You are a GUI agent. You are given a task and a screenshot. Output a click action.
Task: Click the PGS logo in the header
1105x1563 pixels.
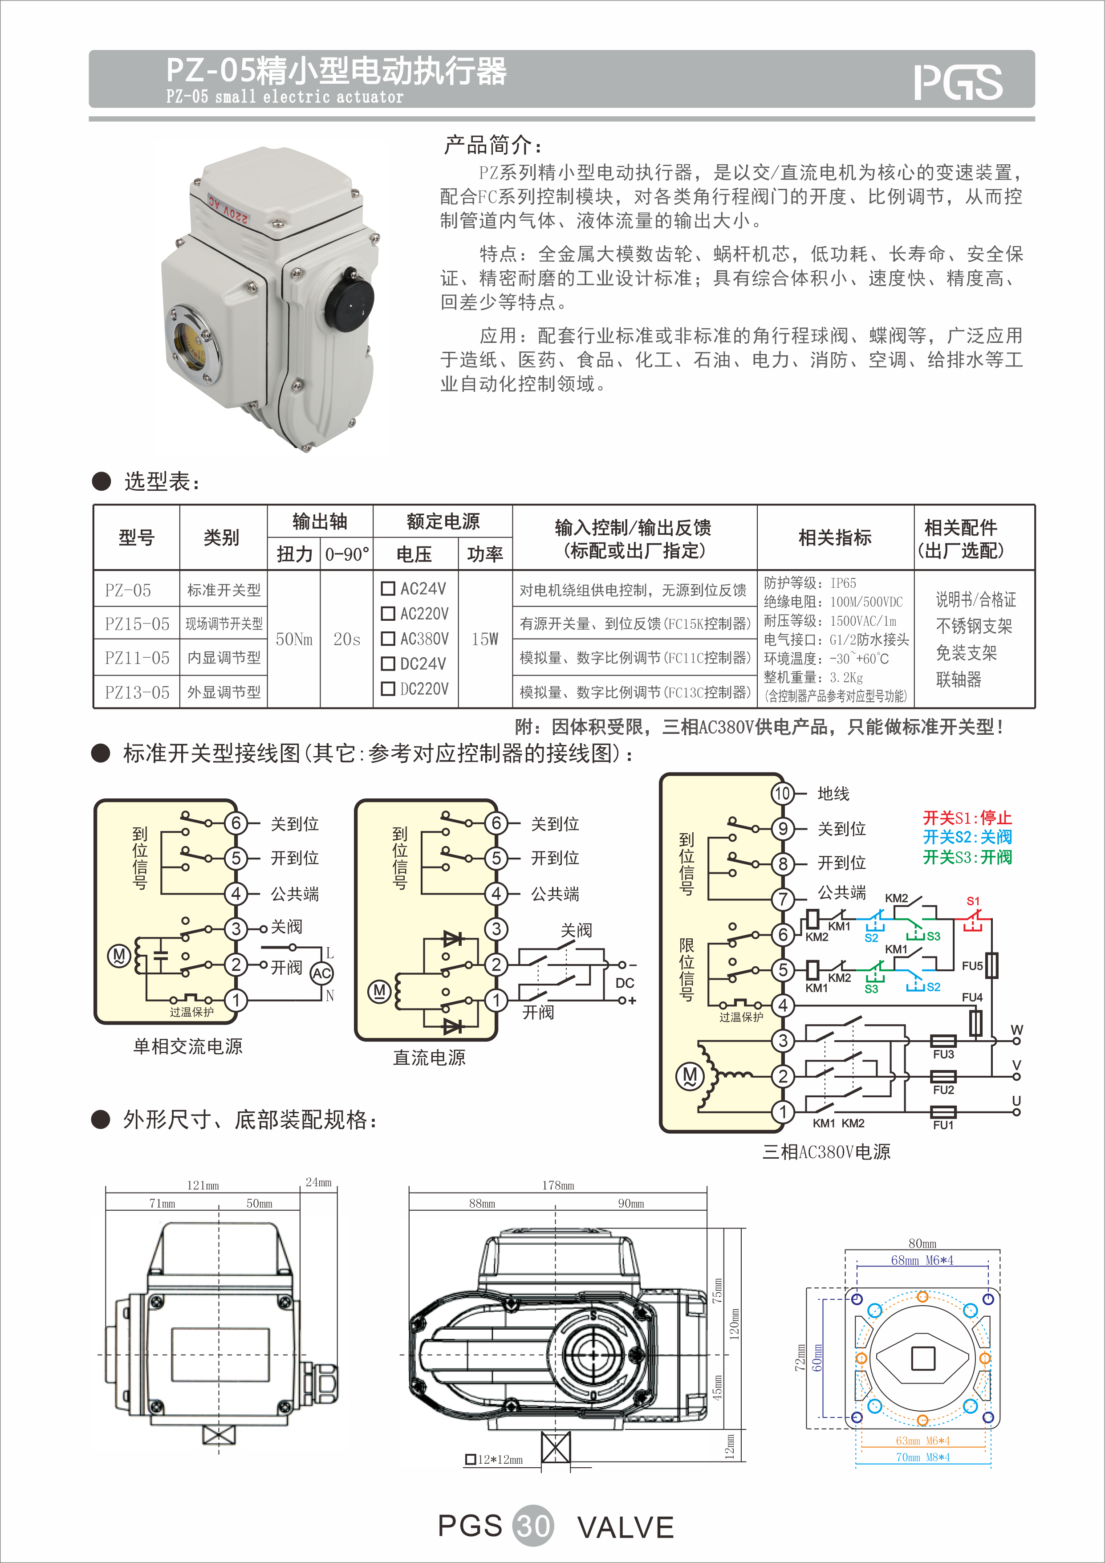(958, 82)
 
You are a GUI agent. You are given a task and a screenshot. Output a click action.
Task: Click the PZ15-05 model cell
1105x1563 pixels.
(137, 623)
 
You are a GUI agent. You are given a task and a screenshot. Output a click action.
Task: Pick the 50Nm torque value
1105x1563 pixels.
(294, 639)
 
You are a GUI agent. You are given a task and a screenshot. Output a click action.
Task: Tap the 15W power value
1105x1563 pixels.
(484, 639)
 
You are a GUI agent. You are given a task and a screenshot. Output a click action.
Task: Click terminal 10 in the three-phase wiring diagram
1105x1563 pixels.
(783, 793)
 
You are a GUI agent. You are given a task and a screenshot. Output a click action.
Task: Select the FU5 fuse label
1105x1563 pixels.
(971, 966)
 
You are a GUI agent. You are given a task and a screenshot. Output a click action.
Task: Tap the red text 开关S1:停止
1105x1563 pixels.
(967, 818)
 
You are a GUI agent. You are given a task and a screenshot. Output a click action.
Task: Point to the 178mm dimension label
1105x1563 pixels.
(558, 1185)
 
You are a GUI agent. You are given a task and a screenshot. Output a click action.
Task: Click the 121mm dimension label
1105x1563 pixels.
(203, 1185)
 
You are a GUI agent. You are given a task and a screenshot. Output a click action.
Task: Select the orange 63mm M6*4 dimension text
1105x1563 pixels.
(922, 1441)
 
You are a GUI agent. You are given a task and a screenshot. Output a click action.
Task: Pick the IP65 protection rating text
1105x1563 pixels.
(843, 583)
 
